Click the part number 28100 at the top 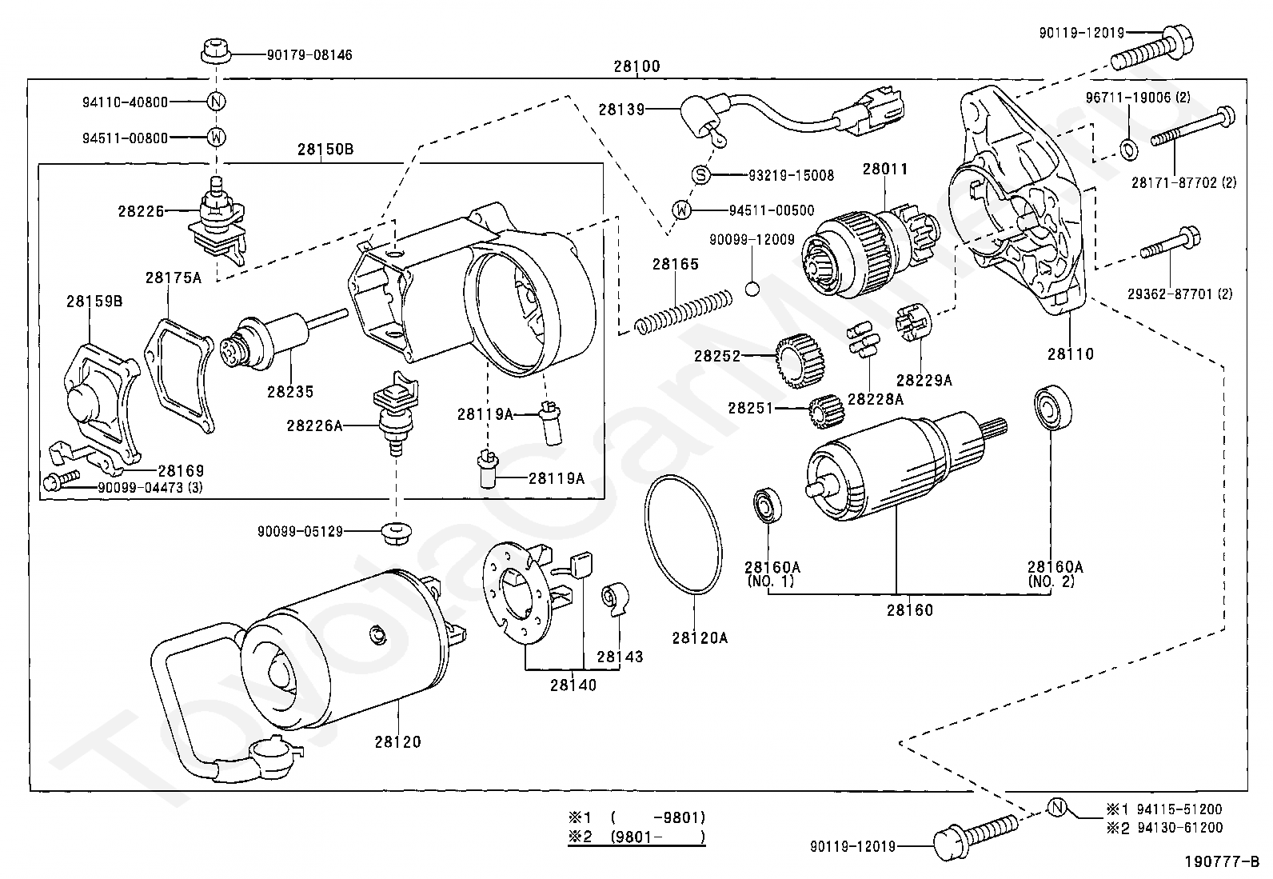point(636,66)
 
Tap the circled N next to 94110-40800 point(217,102)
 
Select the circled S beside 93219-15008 point(700,174)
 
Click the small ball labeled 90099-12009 point(752,289)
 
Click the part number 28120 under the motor point(397,741)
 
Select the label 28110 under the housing point(1071,354)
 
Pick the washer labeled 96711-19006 point(1127,148)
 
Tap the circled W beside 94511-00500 point(681,210)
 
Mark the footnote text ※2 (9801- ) point(636,837)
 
